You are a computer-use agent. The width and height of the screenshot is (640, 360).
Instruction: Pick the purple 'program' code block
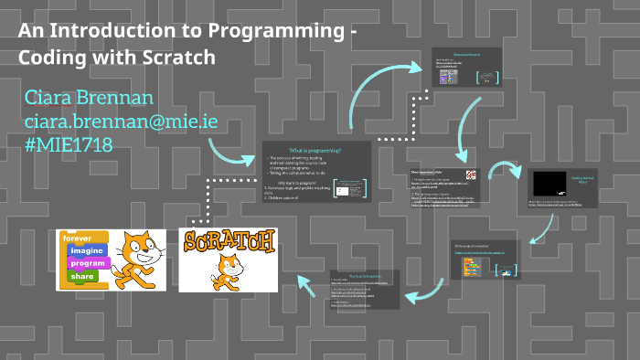[x=87, y=263]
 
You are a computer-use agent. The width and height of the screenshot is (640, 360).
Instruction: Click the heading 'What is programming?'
[x=315, y=149]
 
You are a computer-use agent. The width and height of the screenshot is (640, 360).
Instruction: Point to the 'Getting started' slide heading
[x=583, y=180]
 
